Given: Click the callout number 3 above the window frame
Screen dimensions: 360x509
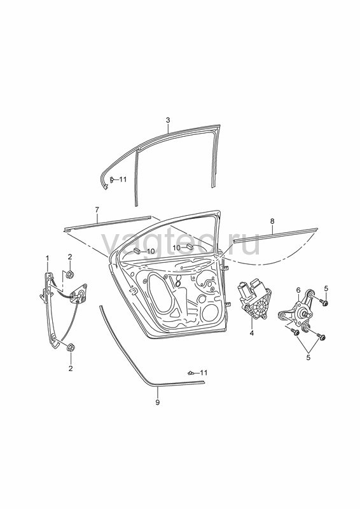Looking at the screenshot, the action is [x=168, y=120].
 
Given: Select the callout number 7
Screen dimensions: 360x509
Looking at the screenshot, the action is [x=97, y=210].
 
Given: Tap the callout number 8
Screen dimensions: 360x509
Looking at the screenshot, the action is [x=272, y=221].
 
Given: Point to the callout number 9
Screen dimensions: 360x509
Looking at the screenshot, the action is [x=158, y=403].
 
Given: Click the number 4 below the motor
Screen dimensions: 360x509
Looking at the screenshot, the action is [x=252, y=333].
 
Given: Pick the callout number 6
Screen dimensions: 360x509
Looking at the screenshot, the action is [x=298, y=290].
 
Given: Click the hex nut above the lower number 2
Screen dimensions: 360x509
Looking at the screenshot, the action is [x=70, y=348].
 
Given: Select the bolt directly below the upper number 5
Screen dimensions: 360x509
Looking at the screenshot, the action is [x=324, y=303].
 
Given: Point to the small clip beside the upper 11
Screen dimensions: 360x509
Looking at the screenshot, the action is [x=111, y=179].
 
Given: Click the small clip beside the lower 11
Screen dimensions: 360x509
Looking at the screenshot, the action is [x=191, y=373].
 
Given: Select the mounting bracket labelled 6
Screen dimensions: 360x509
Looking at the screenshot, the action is [x=296, y=310].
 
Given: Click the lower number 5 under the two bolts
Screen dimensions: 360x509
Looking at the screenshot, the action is [x=308, y=358].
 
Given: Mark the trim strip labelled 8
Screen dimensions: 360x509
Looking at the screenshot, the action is [x=275, y=234].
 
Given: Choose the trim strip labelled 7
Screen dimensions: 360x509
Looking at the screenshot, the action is [x=108, y=223].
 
